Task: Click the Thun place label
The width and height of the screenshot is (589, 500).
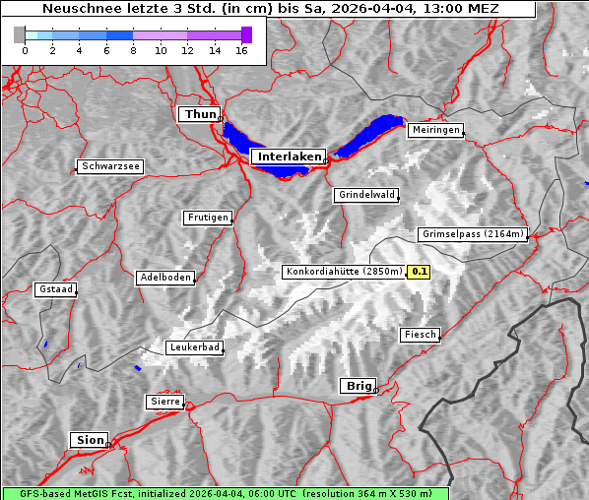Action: pos(199,115)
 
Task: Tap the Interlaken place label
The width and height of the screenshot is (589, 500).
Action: pos(289,156)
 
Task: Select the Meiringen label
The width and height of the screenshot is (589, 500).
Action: pos(434,130)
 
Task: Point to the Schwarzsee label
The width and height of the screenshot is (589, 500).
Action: pos(110,166)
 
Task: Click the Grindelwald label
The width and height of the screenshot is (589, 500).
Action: pos(366,195)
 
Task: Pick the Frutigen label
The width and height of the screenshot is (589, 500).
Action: pos(207,218)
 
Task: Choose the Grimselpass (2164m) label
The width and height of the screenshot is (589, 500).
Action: pos(473,234)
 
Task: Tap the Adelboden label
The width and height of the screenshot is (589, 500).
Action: pos(164,278)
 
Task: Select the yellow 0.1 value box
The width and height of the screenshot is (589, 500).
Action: pos(420,272)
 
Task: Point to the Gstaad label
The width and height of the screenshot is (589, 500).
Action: pos(55,289)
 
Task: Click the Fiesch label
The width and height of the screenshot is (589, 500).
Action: pos(420,335)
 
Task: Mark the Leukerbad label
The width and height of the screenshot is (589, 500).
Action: pos(194,347)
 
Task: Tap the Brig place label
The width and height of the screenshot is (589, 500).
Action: pos(357,386)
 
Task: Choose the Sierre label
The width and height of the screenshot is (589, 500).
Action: pos(164,402)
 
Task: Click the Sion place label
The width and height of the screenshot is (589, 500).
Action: pos(88,440)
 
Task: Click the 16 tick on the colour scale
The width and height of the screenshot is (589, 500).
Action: pos(241,51)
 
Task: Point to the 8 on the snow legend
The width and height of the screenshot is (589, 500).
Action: pos(133,51)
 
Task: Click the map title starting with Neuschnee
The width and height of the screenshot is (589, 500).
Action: pos(270,9)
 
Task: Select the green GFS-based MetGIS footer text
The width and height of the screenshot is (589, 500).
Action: pos(225,493)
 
